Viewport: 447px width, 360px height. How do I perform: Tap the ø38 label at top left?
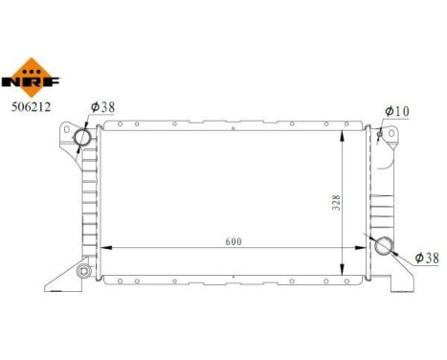(102, 108)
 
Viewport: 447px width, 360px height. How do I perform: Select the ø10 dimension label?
(396, 111)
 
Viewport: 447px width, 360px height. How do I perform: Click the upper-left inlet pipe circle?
(83, 139)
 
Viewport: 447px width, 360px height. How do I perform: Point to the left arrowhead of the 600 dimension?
(108, 250)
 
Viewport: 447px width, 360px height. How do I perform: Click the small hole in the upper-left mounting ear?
(66, 128)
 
